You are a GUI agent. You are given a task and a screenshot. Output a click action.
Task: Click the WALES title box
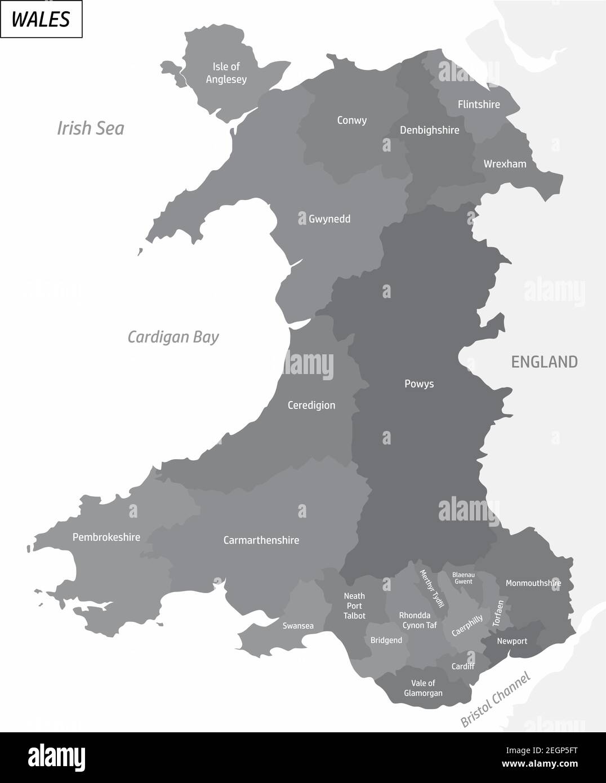point(41,19)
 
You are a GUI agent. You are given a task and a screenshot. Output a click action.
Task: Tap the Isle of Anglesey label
point(226,73)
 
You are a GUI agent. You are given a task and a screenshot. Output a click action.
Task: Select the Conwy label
point(351,120)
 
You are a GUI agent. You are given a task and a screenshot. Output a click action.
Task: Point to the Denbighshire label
point(429,130)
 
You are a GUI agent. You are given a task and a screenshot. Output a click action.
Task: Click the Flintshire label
point(479,104)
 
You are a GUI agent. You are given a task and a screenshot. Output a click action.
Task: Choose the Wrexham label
point(505,164)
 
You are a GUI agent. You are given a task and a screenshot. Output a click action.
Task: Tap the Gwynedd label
point(329,219)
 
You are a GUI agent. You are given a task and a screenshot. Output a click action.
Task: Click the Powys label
point(419,384)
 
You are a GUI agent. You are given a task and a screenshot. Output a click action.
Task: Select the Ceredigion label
point(311,405)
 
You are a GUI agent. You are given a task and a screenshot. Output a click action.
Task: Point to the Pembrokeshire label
point(106,537)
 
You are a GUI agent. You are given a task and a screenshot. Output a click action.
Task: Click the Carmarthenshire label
point(261,540)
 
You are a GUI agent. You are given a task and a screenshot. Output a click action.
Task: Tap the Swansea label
point(298,626)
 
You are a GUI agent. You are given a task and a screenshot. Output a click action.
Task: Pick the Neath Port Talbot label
point(354,606)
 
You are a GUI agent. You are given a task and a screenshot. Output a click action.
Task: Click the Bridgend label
point(386,640)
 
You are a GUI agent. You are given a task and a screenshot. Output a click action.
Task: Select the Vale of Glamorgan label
point(423,688)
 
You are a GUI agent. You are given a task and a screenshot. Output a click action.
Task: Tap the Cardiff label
point(463,666)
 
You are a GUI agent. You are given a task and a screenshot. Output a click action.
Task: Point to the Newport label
point(512,641)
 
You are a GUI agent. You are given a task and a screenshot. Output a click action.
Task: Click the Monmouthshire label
point(533,583)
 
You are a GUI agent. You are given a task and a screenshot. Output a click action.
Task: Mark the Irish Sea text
point(91,128)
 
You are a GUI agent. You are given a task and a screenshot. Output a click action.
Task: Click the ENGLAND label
point(544,362)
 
